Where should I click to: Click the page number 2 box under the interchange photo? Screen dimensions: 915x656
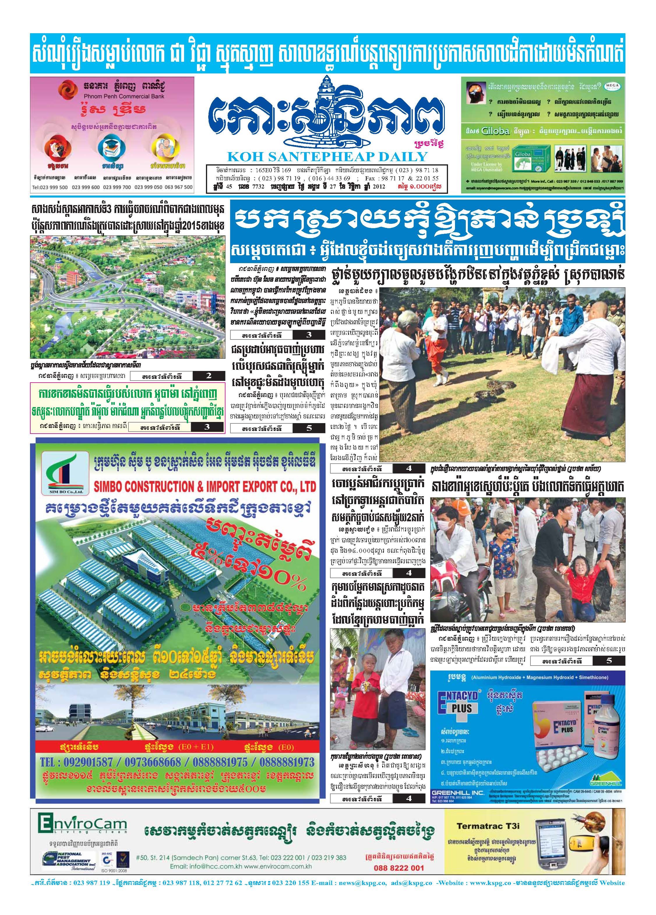[x=209, y=376]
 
